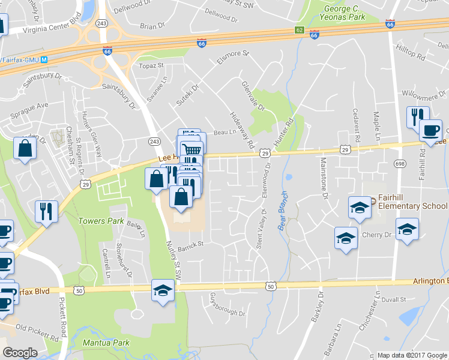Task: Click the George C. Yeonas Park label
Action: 344,13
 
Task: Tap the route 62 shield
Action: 300,30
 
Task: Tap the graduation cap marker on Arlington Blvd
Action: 163,291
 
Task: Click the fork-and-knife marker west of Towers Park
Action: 46,212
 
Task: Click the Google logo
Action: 20,353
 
